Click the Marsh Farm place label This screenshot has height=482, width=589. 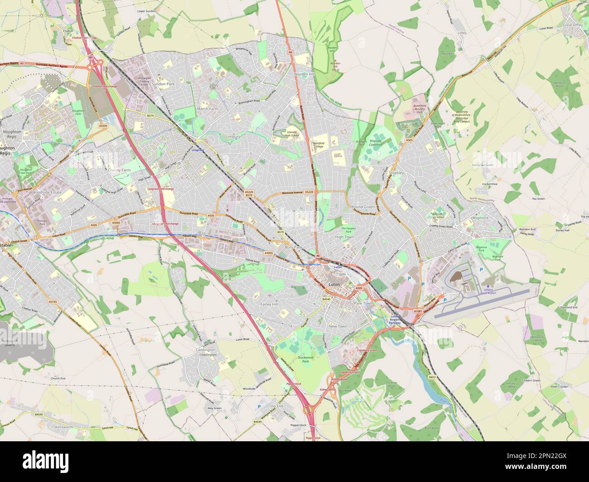pos(208,109)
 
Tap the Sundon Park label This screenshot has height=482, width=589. pos(163,84)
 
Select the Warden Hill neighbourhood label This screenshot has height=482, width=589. pos(304,74)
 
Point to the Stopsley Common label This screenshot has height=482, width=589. pos(376,143)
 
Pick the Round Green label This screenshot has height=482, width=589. pos(363,207)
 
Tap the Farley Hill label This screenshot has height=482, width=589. pos(269,305)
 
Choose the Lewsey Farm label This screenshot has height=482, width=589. pos(120,170)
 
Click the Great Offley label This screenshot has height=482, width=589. pos(572,25)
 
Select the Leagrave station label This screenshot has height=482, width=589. pos(198,149)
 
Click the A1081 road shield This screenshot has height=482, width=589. pos(418,311)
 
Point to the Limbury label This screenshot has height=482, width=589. pos(233,136)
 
